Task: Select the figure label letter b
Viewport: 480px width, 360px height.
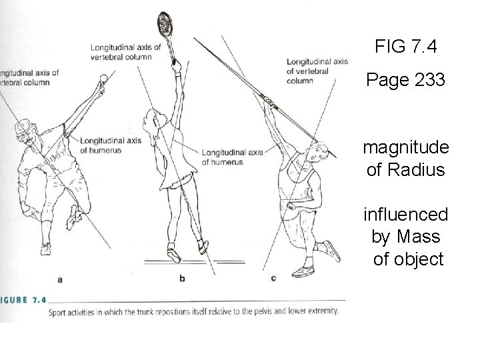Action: (182, 279)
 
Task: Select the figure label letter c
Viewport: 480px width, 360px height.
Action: (273, 279)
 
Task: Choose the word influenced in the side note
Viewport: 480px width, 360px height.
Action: (405, 215)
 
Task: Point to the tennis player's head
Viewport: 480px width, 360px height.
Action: (149, 123)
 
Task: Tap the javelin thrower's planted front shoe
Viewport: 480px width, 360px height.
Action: (302, 270)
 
